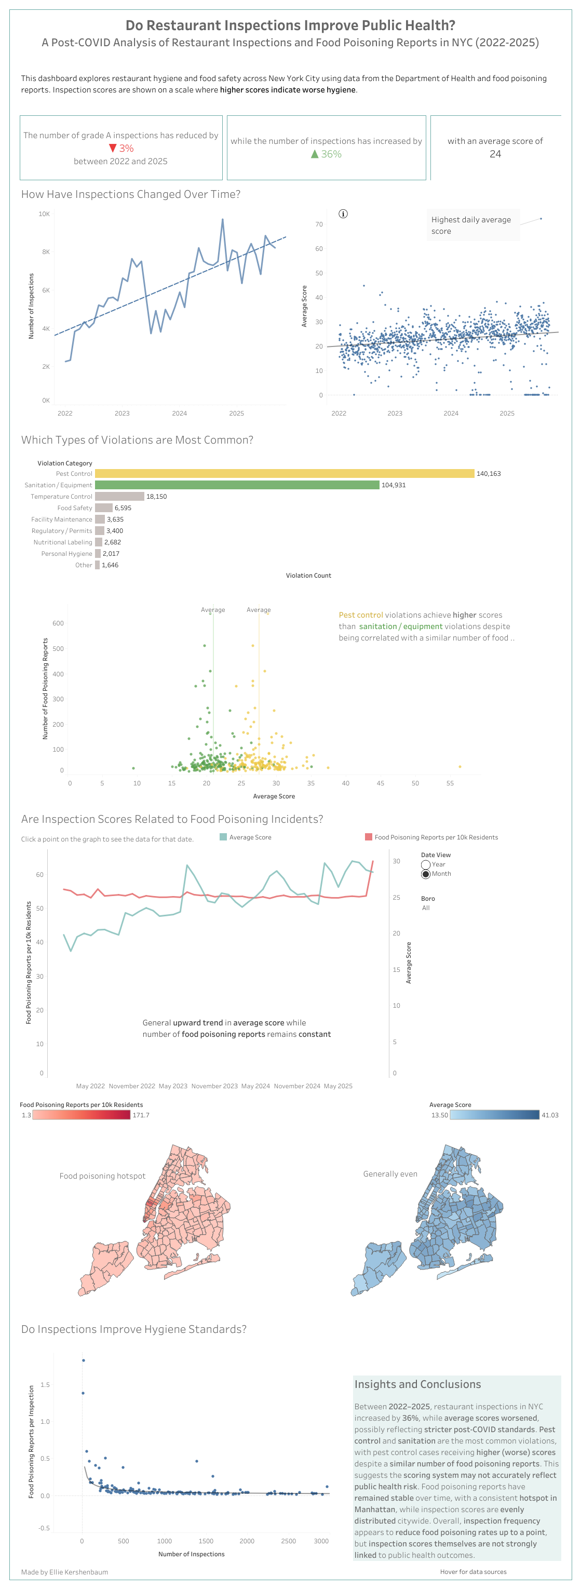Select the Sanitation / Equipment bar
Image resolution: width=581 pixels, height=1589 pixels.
coord(237,485)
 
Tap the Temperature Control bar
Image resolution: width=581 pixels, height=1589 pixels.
coord(119,496)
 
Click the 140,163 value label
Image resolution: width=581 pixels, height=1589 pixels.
coord(488,474)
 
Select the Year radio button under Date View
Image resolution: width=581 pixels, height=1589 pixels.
coord(426,864)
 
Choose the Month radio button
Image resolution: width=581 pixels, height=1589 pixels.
coord(426,874)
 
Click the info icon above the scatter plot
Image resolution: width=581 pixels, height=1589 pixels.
coord(343,213)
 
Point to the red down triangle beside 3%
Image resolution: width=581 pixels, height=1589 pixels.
coord(112,148)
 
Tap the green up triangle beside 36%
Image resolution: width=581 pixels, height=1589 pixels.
coord(315,154)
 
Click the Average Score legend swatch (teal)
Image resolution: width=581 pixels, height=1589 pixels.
coord(223,837)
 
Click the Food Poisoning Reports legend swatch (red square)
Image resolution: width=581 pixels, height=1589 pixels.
coord(368,837)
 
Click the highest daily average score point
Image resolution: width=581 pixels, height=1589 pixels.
coord(541,218)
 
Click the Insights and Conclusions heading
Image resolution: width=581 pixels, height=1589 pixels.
coord(417,1384)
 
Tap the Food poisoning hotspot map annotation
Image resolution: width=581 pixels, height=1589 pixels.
coord(102,1176)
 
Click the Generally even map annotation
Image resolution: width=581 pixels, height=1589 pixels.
coord(390,1174)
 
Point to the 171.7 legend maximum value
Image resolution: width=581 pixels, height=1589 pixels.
coord(141,1115)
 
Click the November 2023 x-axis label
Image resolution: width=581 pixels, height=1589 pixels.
coord(214,1086)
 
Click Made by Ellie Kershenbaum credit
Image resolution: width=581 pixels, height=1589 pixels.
coord(64,1572)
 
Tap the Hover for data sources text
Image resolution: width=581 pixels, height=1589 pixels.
coord(473,1572)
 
